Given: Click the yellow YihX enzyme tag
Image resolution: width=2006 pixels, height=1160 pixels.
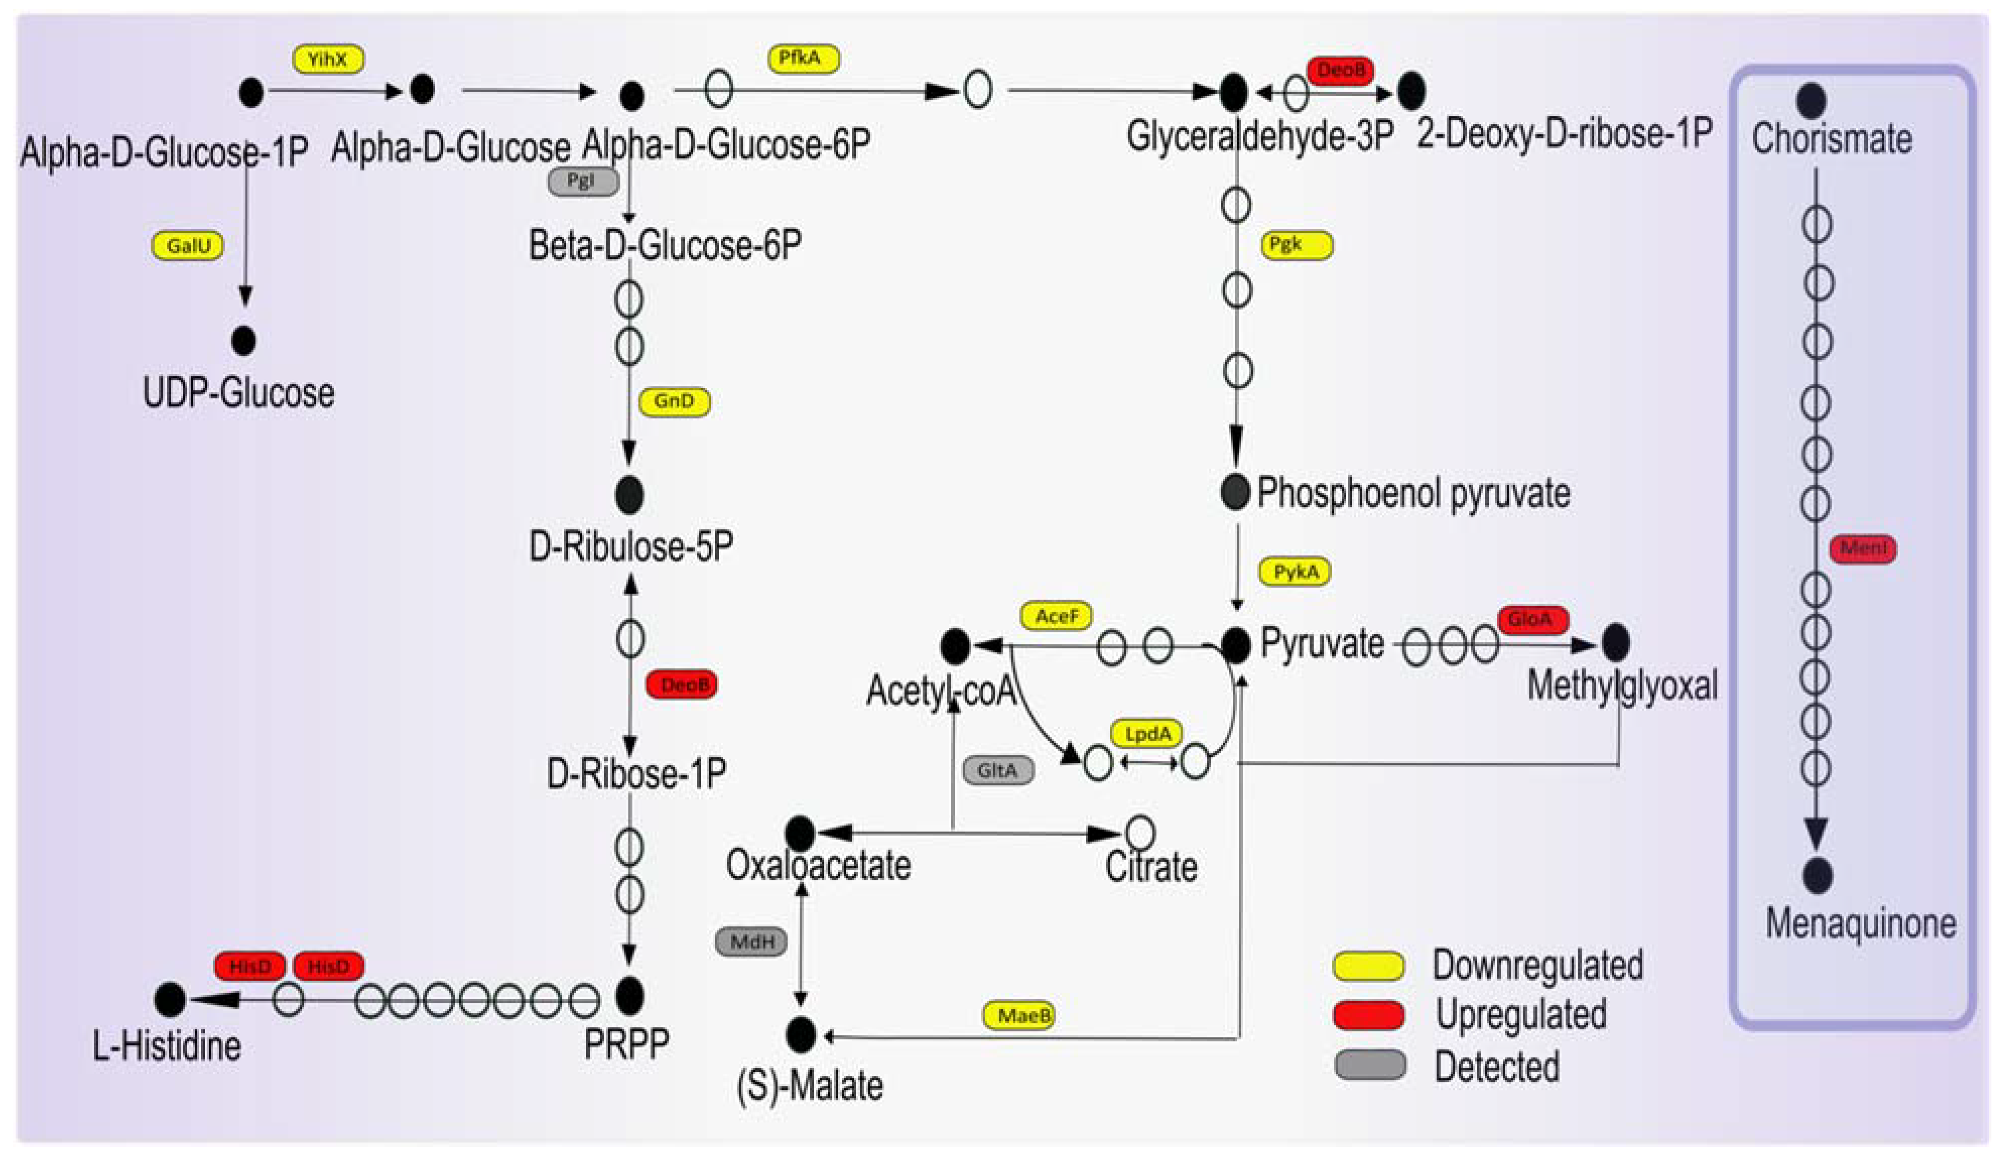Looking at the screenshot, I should point(328,59).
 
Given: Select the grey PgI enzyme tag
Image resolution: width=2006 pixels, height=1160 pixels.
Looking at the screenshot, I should point(583,181).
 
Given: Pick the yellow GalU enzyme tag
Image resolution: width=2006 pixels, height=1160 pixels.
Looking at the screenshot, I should point(188,246).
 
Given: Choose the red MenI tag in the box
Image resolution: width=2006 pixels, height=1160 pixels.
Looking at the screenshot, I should point(1863,549).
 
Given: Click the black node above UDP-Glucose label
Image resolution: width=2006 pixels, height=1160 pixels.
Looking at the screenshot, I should point(243,341).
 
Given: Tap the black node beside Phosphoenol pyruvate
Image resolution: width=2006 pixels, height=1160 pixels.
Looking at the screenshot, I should point(1235,493).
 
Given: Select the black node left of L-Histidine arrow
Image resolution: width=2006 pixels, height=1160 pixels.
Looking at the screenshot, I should point(169,999).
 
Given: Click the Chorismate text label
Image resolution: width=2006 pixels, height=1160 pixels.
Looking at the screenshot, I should point(1831,139).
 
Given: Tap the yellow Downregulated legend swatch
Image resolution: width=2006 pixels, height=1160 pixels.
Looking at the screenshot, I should point(1369,965).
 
